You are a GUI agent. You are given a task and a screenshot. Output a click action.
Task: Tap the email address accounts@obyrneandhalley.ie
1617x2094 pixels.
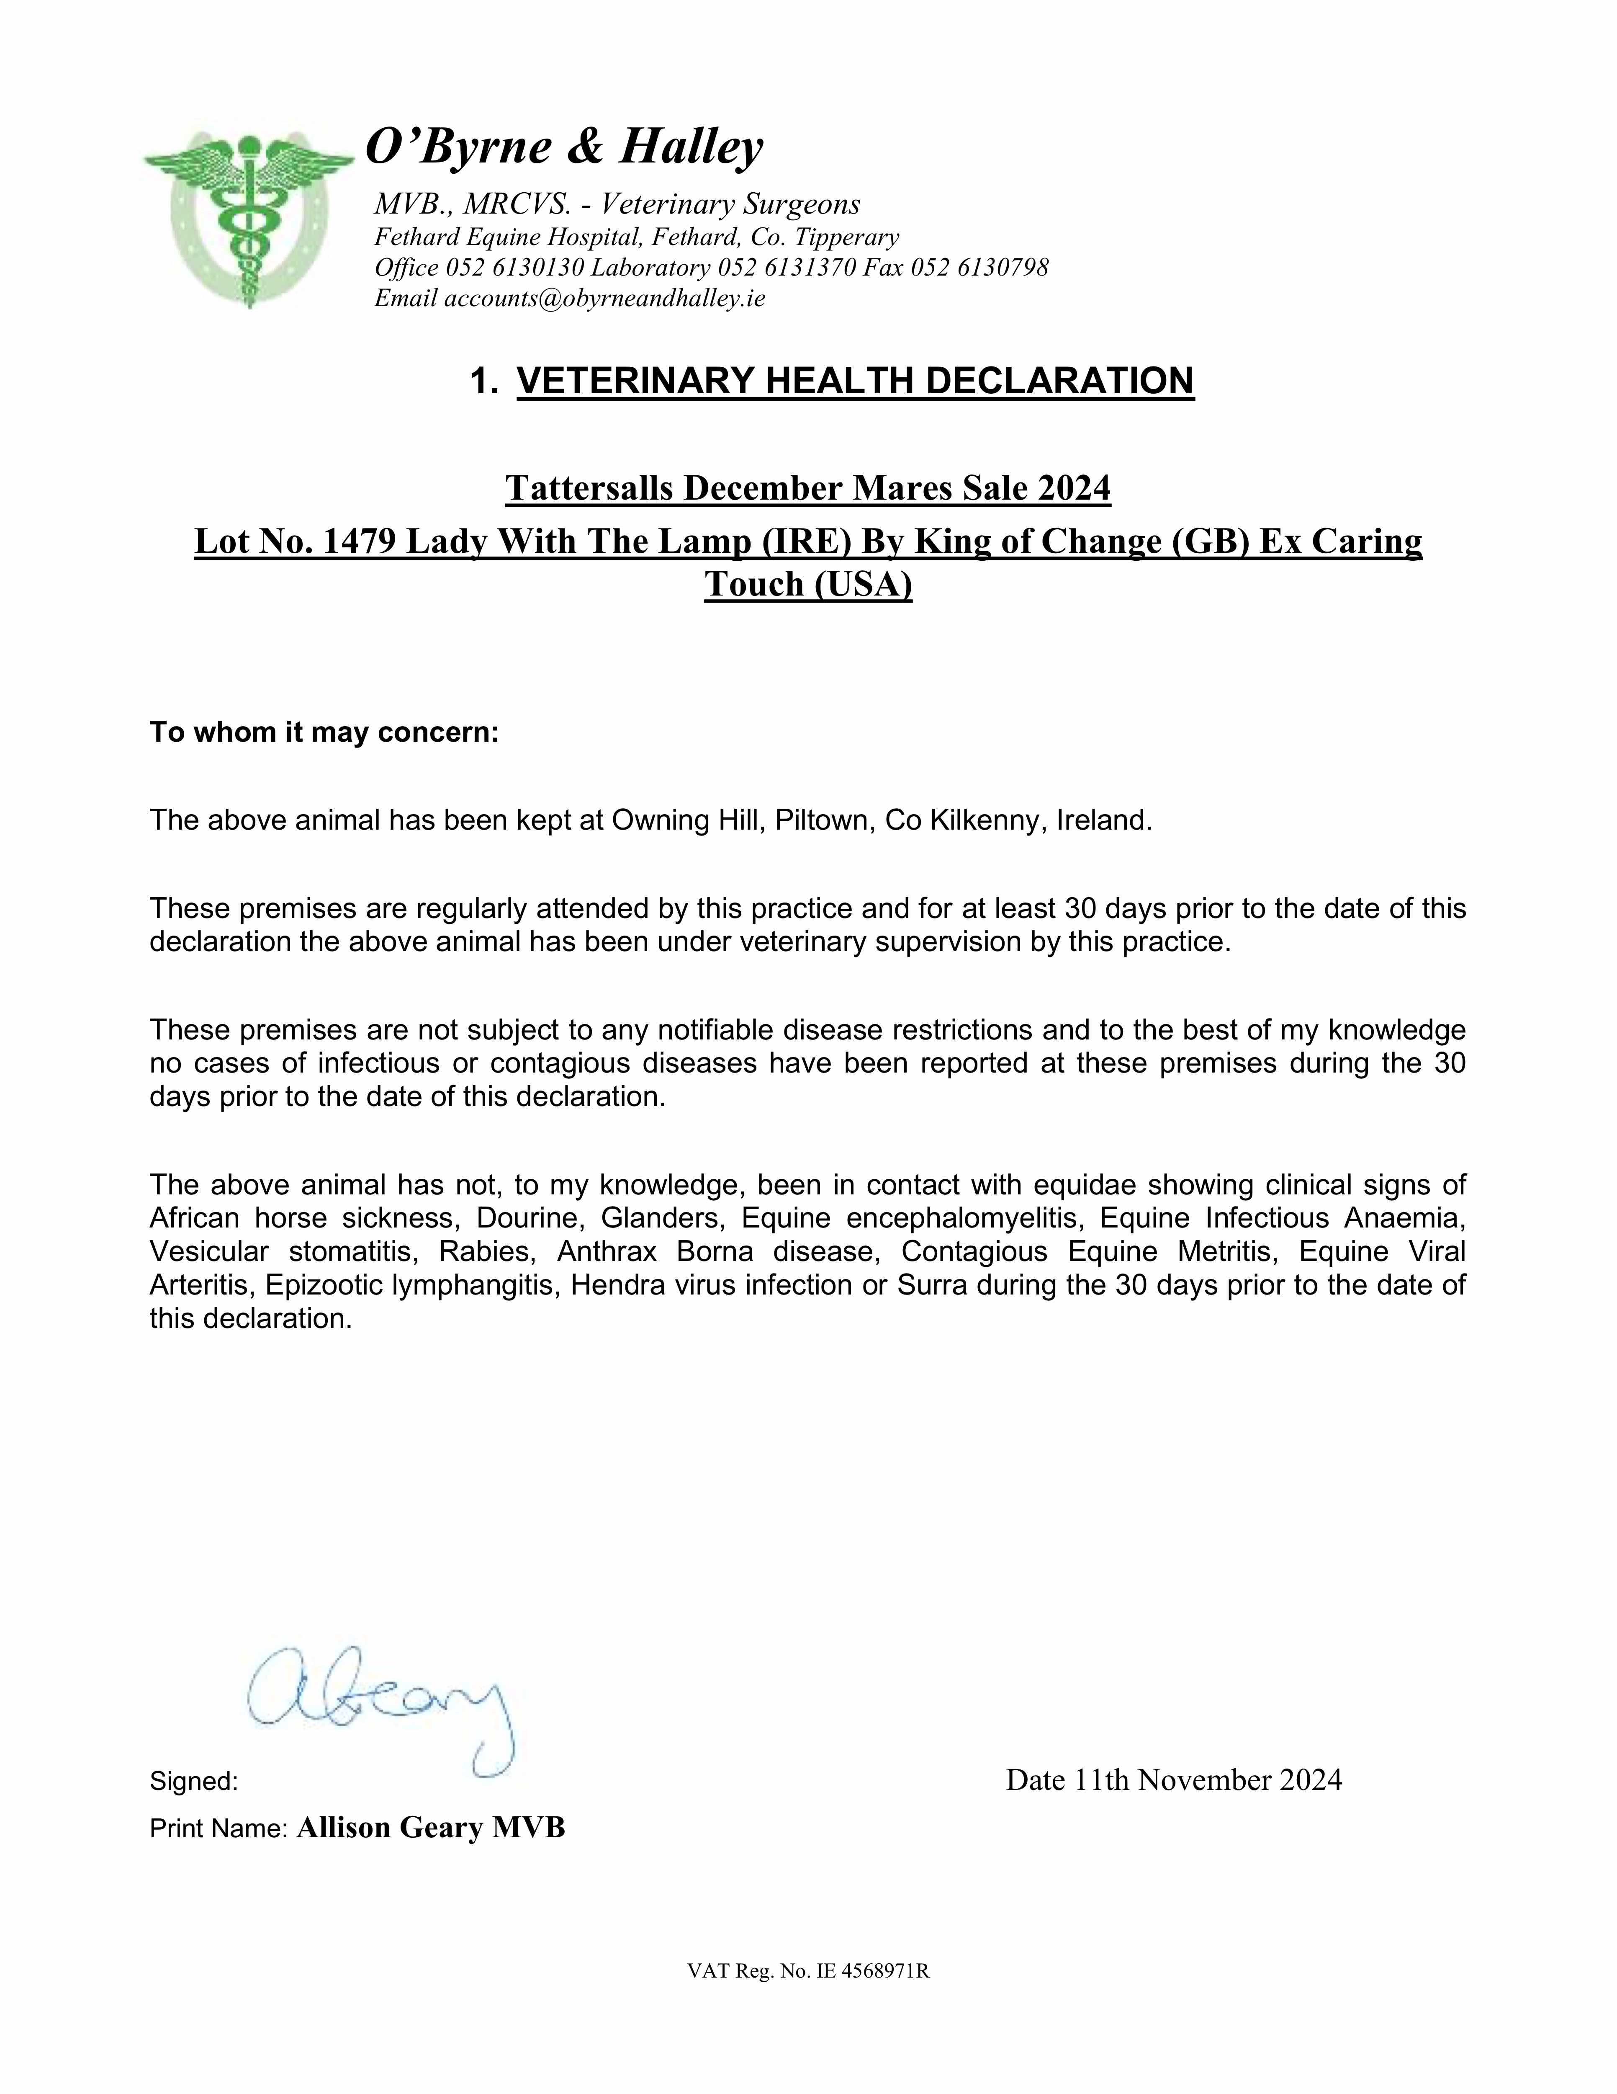(605, 298)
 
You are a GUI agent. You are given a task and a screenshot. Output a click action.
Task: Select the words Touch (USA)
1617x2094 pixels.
(808, 584)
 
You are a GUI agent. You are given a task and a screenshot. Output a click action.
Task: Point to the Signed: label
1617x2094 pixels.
(194, 1782)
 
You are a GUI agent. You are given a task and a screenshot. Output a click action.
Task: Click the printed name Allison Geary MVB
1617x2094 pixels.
(430, 1828)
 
